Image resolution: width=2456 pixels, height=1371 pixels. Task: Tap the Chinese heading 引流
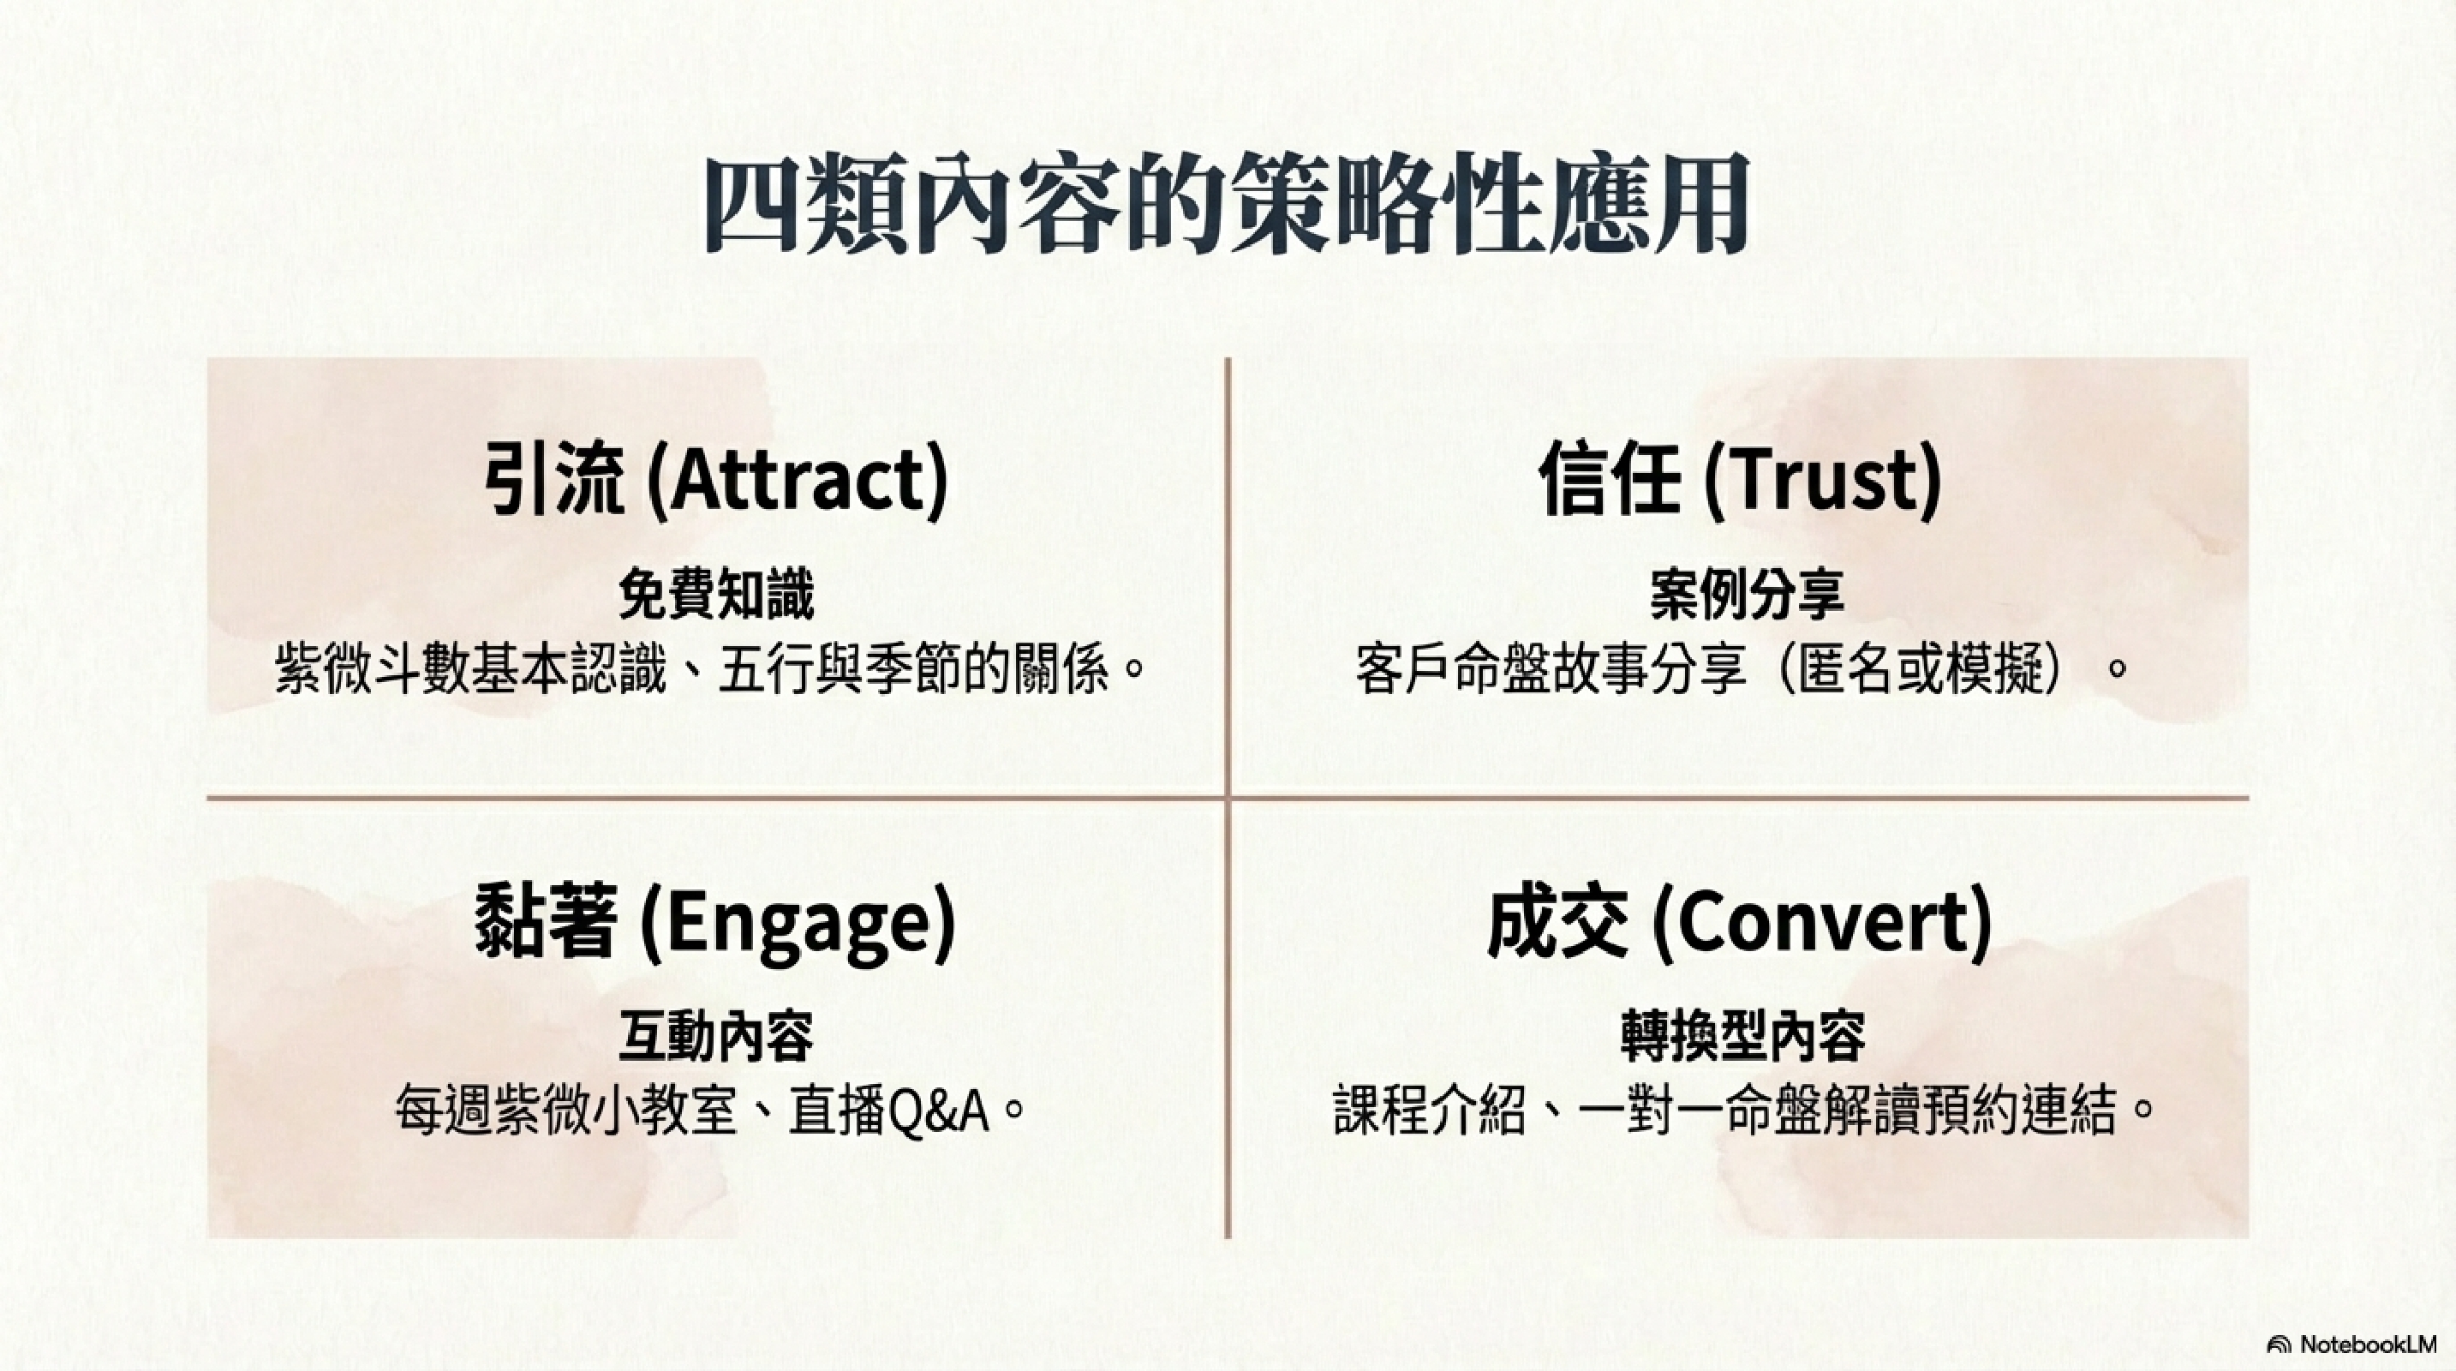pyautogui.click(x=553, y=479)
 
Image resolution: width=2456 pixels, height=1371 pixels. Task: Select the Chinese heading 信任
pyautogui.click(x=1610, y=479)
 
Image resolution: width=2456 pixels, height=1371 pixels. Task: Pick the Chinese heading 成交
pyautogui.click(x=1557, y=922)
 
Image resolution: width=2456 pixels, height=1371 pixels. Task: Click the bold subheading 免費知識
pyautogui.click(x=716, y=595)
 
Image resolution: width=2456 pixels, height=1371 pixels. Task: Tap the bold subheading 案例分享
pyautogui.click(x=1747, y=595)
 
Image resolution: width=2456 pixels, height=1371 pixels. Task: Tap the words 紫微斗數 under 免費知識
pyautogui.click(x=372, y=669)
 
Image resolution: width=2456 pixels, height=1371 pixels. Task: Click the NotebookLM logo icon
pyautogui.click(x=2280, y=1344)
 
